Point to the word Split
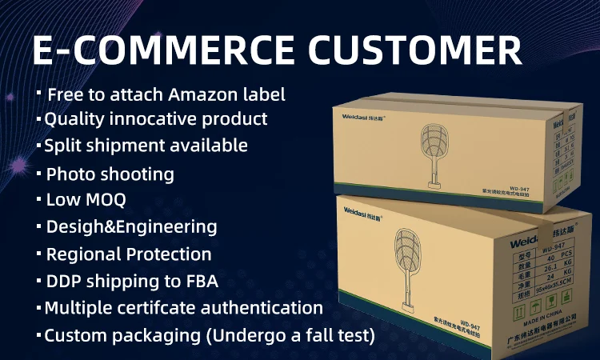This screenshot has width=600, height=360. coord(62,146)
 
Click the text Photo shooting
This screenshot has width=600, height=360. coord(110,174)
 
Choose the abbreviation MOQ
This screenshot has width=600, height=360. coord(109,199)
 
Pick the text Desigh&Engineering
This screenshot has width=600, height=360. coord(131,226)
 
